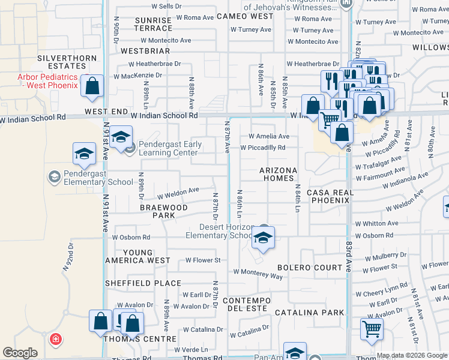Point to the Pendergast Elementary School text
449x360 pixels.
[91, 182]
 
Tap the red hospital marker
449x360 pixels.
[56, 340]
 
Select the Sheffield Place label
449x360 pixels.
[143, 283]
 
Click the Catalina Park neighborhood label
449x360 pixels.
[310, 313]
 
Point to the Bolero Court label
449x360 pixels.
[309, 267]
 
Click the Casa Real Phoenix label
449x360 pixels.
[328, 196]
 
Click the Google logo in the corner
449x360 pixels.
[20, 353]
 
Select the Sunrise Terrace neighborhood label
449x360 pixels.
[153, 24]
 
